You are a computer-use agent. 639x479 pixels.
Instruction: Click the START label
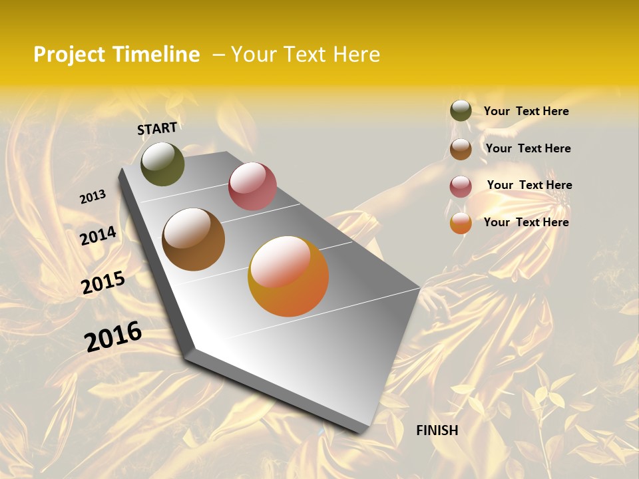coord(157,128)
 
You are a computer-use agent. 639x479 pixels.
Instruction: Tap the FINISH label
coord(437,430)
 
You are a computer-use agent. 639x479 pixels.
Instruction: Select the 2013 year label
coord(93,197)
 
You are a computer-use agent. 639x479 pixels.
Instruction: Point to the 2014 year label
coord(98,236)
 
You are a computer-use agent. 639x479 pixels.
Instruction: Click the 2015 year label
coord(103,283)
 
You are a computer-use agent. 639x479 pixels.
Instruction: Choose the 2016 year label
coord(113,336)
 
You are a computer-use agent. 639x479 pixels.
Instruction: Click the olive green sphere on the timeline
coord(162,164)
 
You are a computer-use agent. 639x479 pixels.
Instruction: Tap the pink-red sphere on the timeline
coord(252,186)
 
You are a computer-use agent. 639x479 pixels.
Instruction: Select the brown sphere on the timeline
coord(193,239)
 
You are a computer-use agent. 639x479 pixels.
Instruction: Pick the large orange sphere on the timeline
coord(288,276)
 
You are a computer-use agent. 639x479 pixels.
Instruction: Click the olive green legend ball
coord(461,111)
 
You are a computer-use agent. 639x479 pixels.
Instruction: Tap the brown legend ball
coord(461,149)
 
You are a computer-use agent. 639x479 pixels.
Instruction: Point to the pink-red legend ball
coord(461,186)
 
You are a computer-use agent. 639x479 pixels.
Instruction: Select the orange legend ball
coord(461,224)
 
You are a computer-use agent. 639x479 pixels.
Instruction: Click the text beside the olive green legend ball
coord(526,112)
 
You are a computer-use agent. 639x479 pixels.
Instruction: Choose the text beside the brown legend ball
coord(528,148)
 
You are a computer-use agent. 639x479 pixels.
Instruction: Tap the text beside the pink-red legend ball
coord(529,185)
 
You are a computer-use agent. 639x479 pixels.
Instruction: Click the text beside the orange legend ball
coord(526,222)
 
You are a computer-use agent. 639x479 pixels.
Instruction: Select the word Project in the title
coord(70,55)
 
